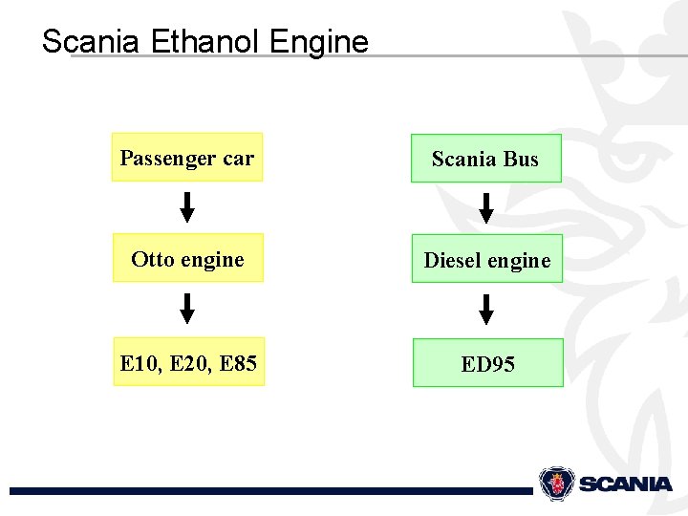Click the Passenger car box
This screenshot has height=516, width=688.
(187, 158)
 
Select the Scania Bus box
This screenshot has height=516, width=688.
(485, 159)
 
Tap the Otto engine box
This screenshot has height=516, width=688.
(187, 259)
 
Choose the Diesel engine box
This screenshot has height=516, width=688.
(487, 260)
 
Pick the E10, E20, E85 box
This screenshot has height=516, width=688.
(188, 362)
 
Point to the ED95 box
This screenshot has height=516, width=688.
(487, 363)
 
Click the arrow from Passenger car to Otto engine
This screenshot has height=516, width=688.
(187, 207)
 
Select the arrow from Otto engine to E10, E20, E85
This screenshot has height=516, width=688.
(187, 309)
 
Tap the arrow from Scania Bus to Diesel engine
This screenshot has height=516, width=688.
(485, 207)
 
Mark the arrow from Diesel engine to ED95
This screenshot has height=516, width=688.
(486, 310)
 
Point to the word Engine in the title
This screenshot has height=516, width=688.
(319, 42)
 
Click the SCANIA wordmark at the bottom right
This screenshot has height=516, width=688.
(625, 484)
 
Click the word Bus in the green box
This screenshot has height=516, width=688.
(521, 159)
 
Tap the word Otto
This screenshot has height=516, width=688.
(152, 259)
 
